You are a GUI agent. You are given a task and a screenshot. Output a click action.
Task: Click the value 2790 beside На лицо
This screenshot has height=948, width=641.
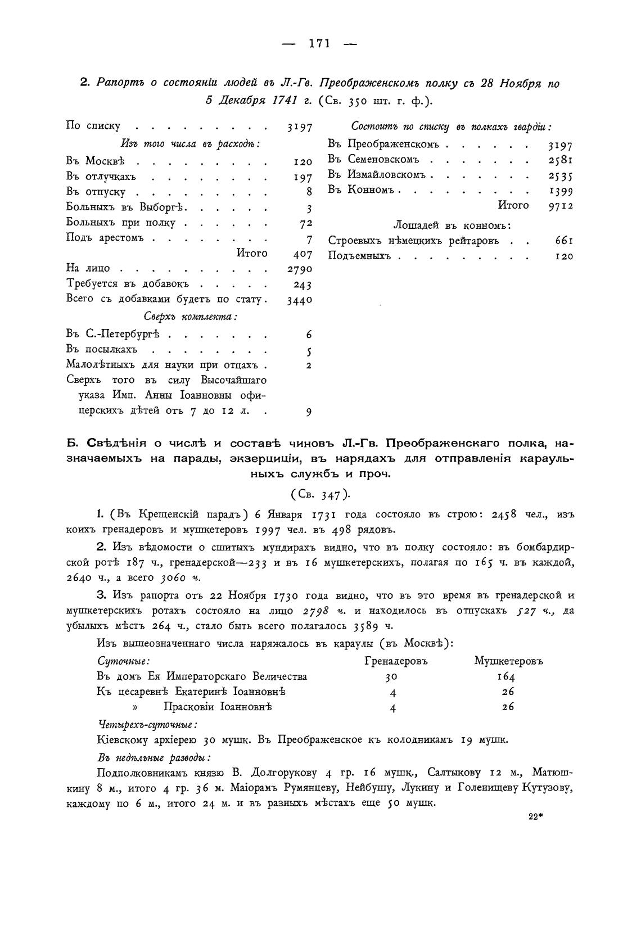point(300,269)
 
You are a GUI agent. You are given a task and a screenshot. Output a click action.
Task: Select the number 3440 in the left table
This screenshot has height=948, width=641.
point(300,300)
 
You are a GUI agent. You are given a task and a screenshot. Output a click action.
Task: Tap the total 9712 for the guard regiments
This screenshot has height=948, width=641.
point(561,206)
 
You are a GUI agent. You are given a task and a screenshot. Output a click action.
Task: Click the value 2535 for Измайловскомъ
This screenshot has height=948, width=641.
point(561,175)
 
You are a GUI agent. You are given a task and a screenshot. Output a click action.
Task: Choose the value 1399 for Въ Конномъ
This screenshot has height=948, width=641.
point(561,191)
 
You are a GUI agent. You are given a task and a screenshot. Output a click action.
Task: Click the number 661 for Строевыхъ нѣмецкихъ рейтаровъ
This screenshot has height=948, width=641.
point(563,241)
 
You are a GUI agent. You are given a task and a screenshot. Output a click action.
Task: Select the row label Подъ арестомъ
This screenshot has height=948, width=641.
point(105,238)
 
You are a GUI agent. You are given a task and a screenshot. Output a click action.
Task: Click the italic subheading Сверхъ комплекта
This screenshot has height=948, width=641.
point(190,317)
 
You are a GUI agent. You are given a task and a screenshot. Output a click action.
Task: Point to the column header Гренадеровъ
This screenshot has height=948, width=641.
point(396,661)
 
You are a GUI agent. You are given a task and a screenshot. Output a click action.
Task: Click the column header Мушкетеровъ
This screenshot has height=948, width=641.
point(508,661)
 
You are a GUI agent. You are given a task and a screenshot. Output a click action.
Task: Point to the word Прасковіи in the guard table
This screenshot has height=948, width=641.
point(189,707)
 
